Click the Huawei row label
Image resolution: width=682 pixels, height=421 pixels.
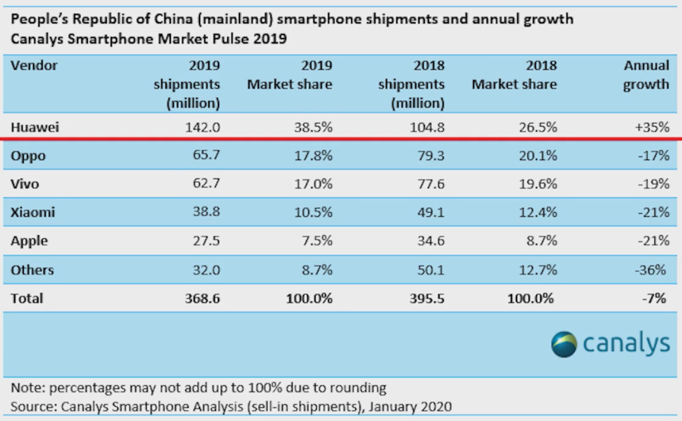(x=34, y=127)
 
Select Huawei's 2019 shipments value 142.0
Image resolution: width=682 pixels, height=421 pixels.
(x=203, y=127)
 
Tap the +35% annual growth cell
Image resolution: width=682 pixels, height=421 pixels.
(x=652, y=127)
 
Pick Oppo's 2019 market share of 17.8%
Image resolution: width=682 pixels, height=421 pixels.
(x=314, y=155)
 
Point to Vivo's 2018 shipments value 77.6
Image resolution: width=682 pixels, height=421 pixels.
(x=428, y=184)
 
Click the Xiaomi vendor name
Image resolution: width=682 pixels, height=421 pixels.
(x=33, y=213)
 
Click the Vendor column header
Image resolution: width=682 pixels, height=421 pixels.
(x=34, y=66)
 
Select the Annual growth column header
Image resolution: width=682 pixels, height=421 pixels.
(x=646, y=75)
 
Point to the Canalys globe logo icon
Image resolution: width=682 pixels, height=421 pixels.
(x=564, y=344)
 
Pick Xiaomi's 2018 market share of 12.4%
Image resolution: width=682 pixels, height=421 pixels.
(x=539, y=213)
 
